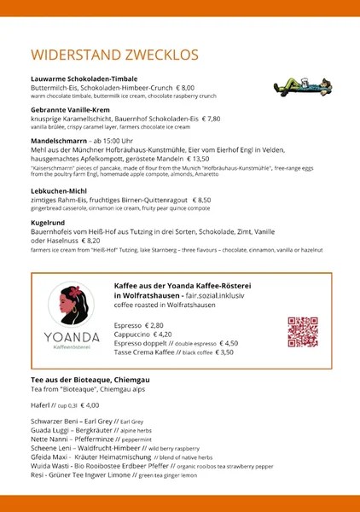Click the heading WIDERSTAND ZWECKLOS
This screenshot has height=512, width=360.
click(114, 55)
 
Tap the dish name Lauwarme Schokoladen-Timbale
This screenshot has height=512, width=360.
click(84, 79)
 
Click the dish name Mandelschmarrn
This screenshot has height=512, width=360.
click(60, 140)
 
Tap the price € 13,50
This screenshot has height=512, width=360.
click(194, 158)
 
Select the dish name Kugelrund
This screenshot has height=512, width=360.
click(49, 221)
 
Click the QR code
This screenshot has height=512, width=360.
click(302, 331)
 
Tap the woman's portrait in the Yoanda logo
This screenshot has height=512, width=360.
click(72, 305)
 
